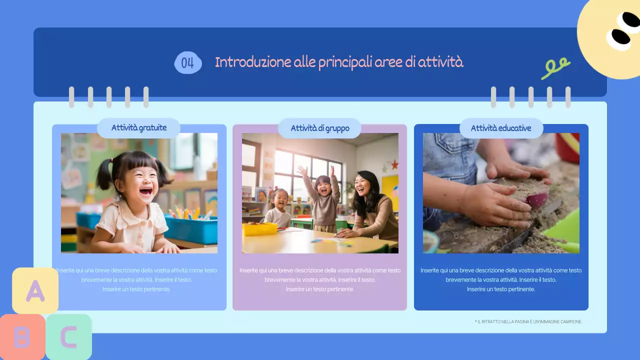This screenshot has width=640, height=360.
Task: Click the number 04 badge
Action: pyautogui.click(x=188, y=63)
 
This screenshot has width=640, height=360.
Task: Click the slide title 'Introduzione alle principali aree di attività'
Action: pyautogui.click(x=339, y=62)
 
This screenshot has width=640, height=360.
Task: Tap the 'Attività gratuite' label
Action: pyautogui.click(x=139, y=128)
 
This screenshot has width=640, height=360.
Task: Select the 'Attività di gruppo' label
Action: pyautogui.click(x=320, y=128)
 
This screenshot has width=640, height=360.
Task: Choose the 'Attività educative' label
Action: pyautogui.click(x=501, y=128)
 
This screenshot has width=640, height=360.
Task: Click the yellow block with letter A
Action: pyautogui.click(x=35, y=290)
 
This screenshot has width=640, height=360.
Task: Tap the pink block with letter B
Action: pyautogui.click(x=21, y=337)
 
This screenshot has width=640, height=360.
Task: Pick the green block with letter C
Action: pyautogui.click(x=68, y=337)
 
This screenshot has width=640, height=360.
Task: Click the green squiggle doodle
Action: pyautogui.click(x=555, y=68)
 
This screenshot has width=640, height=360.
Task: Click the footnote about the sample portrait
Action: pyautogui.click(x=528, y=321)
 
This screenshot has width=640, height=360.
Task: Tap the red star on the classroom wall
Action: pyautogui.click(x=394, y=164)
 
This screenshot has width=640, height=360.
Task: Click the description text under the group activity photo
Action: pyautogui.click(x=320, y=279)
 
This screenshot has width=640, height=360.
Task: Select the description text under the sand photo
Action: pyautogui.click(x=501, y=279)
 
